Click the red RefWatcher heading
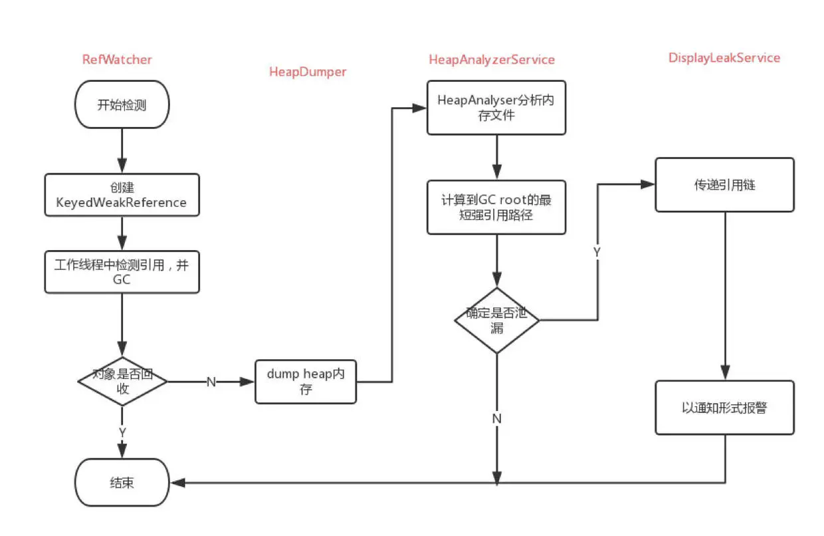117,59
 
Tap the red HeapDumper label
308,72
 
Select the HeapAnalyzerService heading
492,60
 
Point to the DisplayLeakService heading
724,58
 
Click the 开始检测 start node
122,104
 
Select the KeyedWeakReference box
122,195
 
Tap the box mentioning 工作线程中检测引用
122,272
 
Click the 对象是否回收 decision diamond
122,382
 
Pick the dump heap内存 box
306,382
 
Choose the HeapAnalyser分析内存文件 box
496,108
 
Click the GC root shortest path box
496,207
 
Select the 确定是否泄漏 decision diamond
497,321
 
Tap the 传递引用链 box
725,185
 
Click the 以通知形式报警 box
725,408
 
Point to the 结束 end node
122,482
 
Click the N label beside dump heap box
211,382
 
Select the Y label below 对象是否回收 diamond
122,432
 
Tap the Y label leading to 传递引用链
597,253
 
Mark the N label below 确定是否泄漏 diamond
497,418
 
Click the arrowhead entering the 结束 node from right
178,483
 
